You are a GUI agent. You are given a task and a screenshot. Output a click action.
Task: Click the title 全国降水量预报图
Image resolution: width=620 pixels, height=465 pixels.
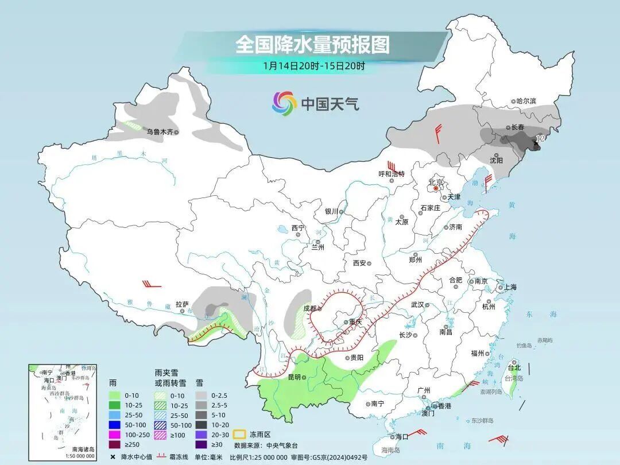click(x=312, y=44)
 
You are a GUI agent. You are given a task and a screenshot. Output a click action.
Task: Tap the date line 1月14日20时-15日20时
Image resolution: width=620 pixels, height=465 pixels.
click(x=313, y=65)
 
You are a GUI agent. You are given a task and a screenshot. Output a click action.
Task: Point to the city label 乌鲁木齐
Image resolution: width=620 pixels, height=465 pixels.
click(x=159, y=132)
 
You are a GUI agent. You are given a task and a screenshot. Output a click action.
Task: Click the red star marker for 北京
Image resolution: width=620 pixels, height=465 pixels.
click(x=436, y=188)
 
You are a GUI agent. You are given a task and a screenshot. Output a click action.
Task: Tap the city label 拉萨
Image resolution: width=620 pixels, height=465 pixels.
click(x=182, y=304)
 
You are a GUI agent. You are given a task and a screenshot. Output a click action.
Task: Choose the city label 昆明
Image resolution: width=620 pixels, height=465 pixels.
click(x=294, y=377)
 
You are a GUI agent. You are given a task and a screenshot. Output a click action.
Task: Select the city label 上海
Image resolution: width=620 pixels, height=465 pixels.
click(x=509, y=287)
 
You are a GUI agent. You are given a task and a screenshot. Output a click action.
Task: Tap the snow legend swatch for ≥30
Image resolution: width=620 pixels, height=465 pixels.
click(x=201, y=444)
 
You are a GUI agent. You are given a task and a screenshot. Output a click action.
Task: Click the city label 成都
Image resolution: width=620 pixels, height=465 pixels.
click(x=309, y=308)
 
